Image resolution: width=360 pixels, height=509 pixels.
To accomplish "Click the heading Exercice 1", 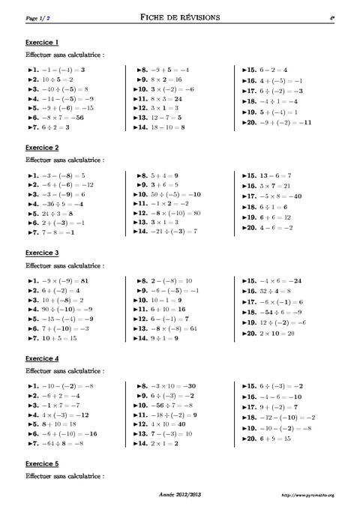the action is pyautogui.click(x=42, y=42).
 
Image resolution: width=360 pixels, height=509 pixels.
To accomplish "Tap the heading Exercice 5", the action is pyautogui.click(x=42, y=464).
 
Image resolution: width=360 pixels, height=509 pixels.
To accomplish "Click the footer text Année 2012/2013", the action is pyautogui.click(x=179, y=496).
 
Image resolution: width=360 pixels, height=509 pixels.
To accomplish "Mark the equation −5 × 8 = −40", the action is pyautogui.click(x=280, y=196).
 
